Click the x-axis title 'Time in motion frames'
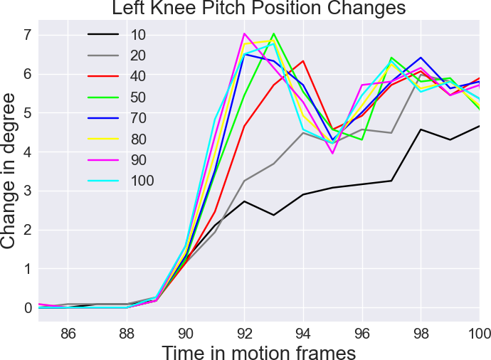[x=258, y=351]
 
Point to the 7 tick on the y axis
[x=27, y=35]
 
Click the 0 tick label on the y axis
[x=27, y=308]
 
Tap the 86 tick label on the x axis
[x=68, y=332]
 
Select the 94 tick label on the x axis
[x=303, y=332]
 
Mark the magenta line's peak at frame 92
[x=244, y=33]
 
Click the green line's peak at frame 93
[x=274, y=33]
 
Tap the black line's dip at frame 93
[x=274, y=215]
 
